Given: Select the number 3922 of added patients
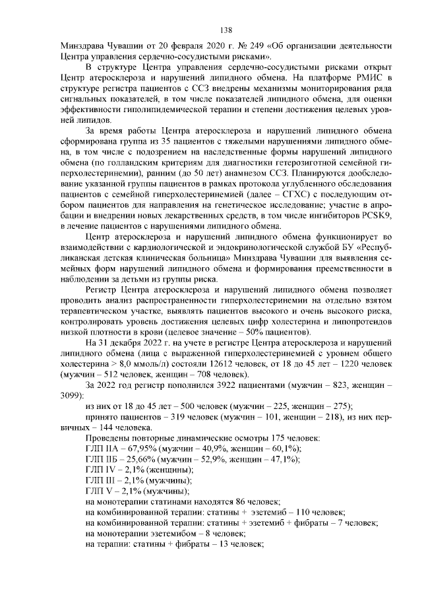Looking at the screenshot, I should coord(210,384).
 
